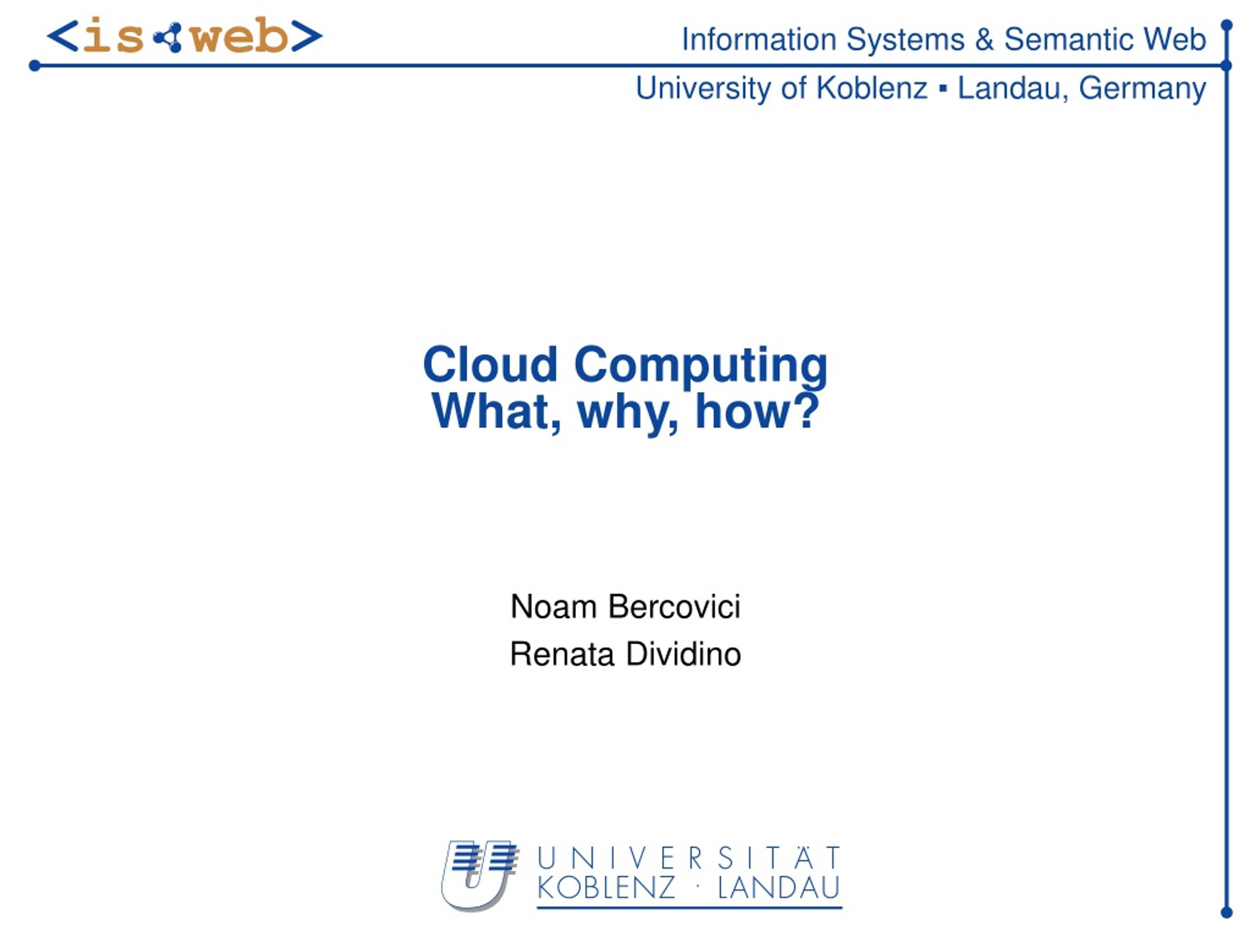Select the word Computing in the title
coord(701,367)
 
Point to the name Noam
coord(553,607)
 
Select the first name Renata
coord(561,654)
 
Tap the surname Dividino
coord(684,654)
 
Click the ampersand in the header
coord(984,40)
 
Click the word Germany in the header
coord(1142,89)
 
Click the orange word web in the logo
coord(240,36)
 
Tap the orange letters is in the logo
coord(113,36)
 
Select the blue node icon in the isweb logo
coord(168,37)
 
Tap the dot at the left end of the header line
coord(35,66)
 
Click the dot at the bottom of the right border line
coord(1227,912)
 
